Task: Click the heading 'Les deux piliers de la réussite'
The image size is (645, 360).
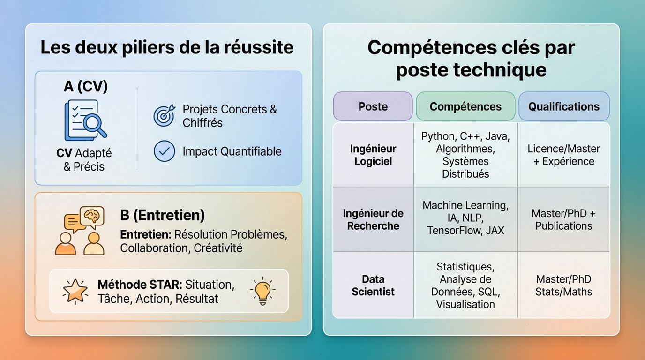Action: (x=167, y=48)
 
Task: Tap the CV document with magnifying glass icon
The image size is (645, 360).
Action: (x=85, y=120)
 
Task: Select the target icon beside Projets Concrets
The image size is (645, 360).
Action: (x=164, y=115)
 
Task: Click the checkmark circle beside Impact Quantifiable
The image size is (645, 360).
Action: (x=164, y=151)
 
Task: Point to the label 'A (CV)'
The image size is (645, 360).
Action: (x=86, y=86)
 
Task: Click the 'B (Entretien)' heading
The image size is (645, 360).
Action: (x=162, y=215)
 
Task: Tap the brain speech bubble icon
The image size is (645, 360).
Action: (x=92, y=216)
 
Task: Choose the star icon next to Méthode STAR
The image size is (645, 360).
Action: (x=75, y=291)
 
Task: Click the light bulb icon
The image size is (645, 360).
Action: (x=262, y=291)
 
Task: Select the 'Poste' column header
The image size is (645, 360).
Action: (x=373, y=106)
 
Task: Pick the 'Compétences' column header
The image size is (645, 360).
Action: (x=465, y=106)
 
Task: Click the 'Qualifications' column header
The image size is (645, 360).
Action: (x=563, y=106)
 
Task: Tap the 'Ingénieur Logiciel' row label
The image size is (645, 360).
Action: (x=373, y=155)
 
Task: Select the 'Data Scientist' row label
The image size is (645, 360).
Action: (x=373, y=285)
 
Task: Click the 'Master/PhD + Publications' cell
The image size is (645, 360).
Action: (x=563, y=219)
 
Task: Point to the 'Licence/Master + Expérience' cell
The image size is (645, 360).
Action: (x=563, y=155)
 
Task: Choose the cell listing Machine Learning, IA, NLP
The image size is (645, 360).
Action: (x=465, y=218)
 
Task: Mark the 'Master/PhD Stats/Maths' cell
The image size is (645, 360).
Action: (x=563, y=285)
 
